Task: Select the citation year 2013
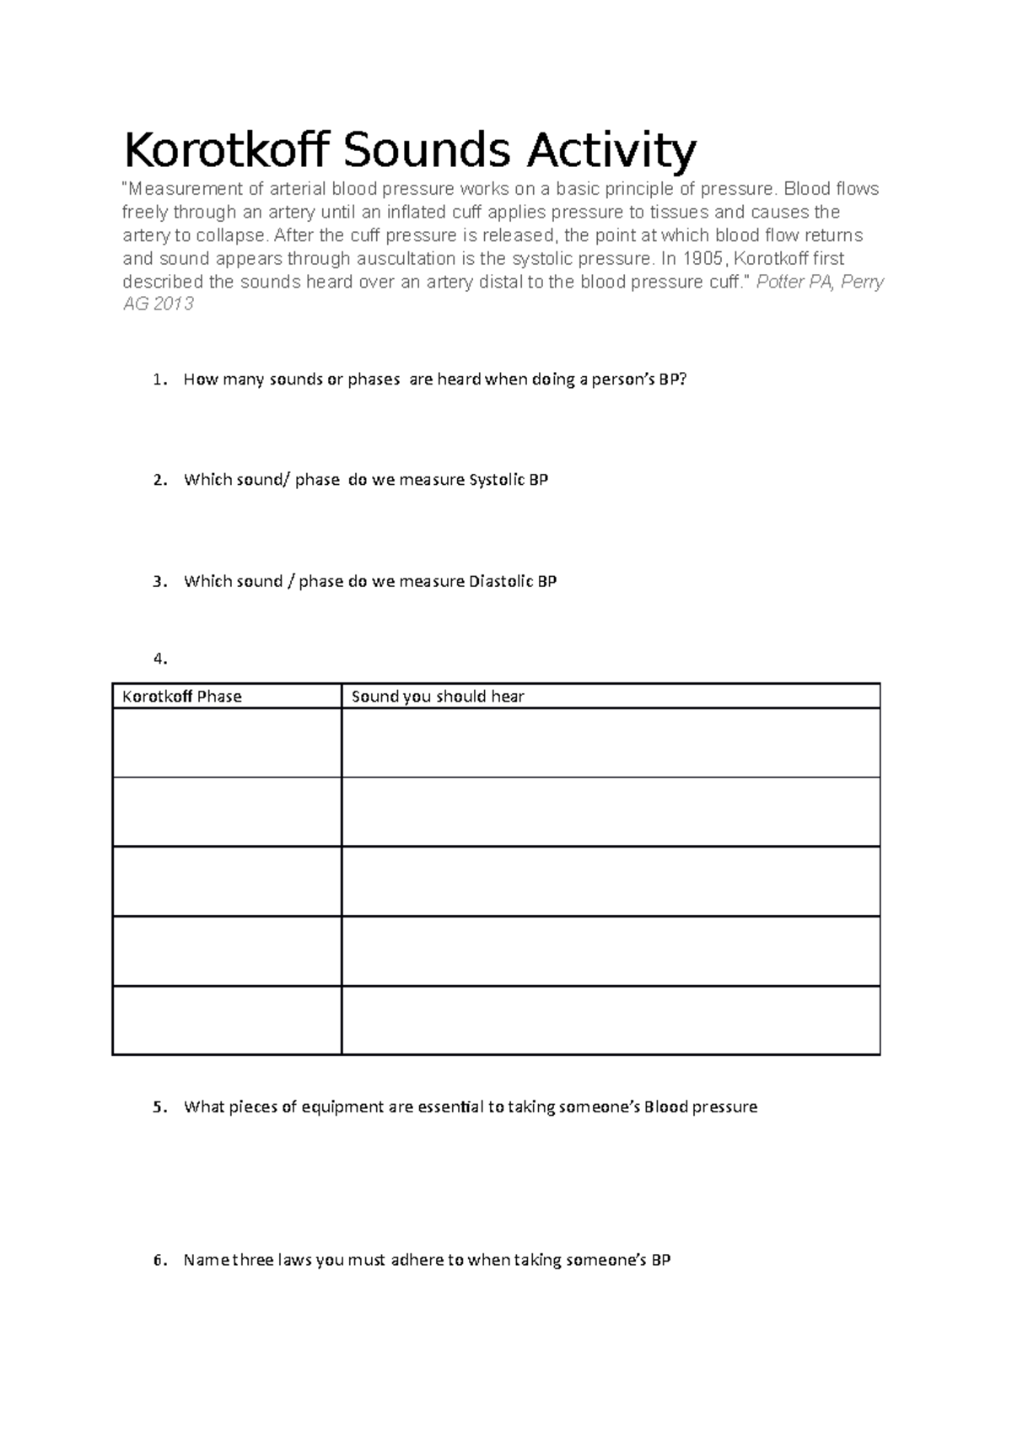tap(173, 304)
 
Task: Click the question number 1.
tap(157, 380)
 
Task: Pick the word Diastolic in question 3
tap(499, 581)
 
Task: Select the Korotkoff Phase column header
tap(182, 697)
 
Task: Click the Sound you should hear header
tap(438, 697)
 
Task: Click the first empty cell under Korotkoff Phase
tap(227, 743)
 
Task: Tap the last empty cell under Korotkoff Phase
tap(227, 1020)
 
